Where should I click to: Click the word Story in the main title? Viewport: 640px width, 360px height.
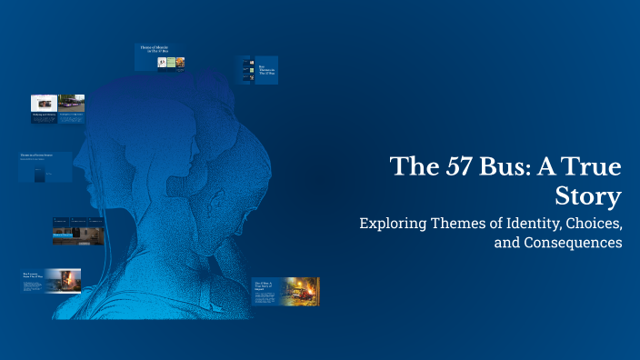pos(589,196)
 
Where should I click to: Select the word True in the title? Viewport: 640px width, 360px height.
pos(595,166)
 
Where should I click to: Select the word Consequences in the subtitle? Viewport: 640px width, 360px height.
pos(574,243)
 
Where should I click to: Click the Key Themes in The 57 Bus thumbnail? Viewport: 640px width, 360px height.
pos(258,71)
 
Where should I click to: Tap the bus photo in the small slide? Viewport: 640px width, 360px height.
pos(71,103)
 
